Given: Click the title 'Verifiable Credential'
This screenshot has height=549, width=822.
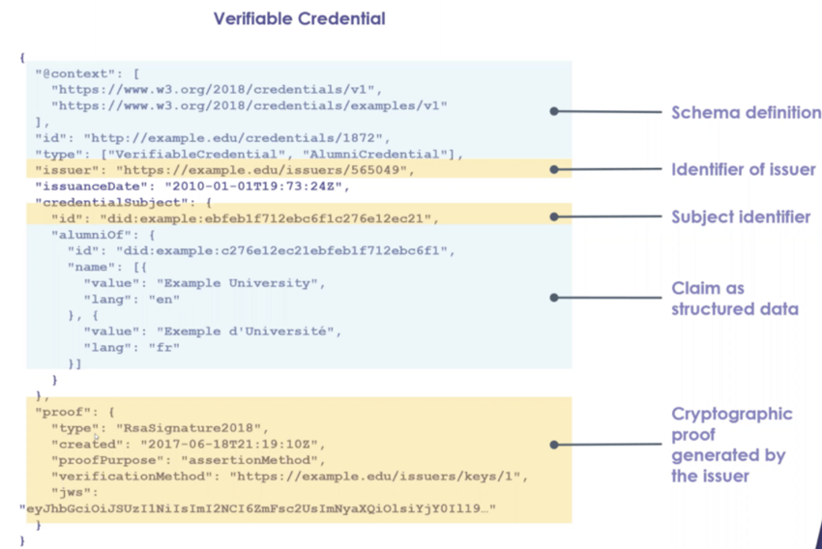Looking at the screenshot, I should pyautogui.click(x=299, y=18).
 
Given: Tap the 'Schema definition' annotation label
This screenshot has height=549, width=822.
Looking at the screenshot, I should pyautogui.click(x=746, y=113).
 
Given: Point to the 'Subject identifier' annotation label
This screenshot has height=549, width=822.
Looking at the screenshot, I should pyautogui.click(x=741, y=217).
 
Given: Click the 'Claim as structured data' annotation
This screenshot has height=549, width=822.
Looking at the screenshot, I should pyautogui.click(x=735, y=299).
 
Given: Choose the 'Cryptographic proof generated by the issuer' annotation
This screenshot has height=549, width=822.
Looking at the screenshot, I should pyautogui.click(x=731, y=445).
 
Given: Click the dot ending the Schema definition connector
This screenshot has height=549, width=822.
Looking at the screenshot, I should pyautogui.click(x=554, y=112).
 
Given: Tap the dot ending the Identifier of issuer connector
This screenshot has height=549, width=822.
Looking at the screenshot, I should pyautogui.click(x=554, y=170).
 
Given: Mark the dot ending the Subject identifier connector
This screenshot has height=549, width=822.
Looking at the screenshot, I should pyautogui.click(x=554, y=217).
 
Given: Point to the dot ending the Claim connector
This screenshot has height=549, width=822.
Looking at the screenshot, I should pyautogui.click(x=554, y=298).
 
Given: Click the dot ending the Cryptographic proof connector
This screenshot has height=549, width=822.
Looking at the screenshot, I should pyautogui.click(x=554, y=445).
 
